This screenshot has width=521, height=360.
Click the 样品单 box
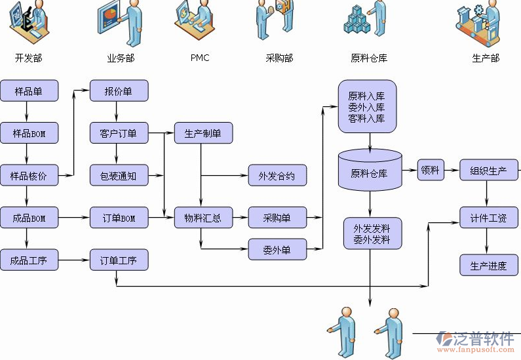click(x=29, y=91)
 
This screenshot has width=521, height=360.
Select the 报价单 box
click(x=119, y=91)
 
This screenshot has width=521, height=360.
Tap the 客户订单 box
click(x=119, y=134)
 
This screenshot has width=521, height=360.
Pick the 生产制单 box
click(x=203, y=134)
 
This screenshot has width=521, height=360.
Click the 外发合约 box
click(x=277, y=176)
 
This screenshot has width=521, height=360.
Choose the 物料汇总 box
click(x=203, y=218)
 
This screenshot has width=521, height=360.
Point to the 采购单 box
click(x=277, y=218)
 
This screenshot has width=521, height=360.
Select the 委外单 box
click(x=277, y=249)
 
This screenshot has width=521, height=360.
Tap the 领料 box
click(x=431, y=170)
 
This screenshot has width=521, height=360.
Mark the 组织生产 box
click(x=488, y=170)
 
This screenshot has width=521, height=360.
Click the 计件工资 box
click(x=488, y=218)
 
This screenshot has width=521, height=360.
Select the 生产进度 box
click(x=488, y=266)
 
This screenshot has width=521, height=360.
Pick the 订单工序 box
click(x=119, y=260)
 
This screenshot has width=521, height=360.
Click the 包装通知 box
click(x=119, y=176)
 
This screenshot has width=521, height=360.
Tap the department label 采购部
click(x=279, y=58)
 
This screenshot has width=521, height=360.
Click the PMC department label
click(x=200, y=58)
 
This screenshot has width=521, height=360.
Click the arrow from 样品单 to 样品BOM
click(x=29, y=112)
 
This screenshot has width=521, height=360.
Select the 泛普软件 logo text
click(x=483, y=339)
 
